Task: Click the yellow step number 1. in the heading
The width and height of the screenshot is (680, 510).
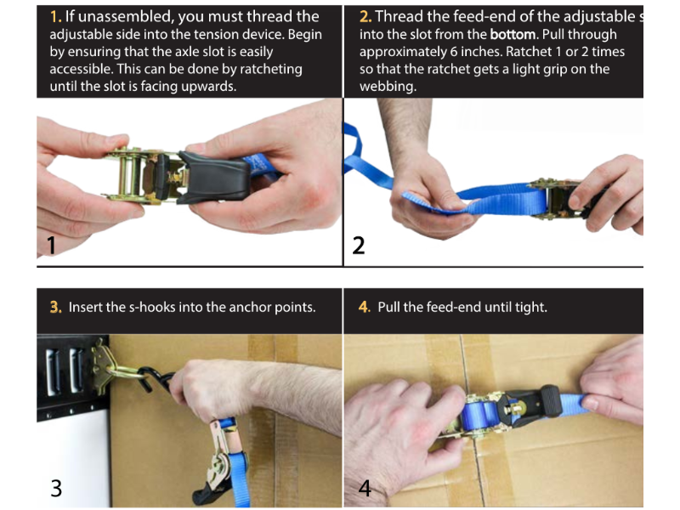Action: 55,17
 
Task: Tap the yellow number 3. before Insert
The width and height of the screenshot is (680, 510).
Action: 55,307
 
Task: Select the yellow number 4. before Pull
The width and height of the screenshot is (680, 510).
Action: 364,307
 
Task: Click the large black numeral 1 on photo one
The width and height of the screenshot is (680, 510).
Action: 51,246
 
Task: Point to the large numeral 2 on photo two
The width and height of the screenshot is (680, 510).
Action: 359,246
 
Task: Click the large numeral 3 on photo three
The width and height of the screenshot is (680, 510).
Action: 55,488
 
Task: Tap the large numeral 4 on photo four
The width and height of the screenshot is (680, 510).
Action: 364,488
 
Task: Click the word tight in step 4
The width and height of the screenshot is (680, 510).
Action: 530,307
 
